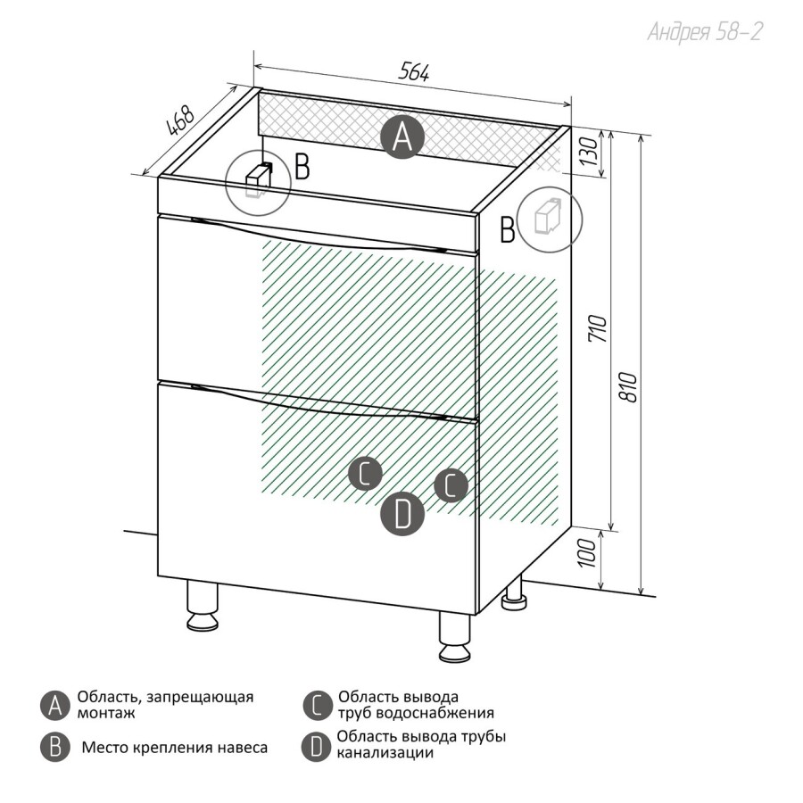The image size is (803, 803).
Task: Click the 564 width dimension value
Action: [414, 71]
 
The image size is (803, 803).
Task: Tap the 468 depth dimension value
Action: [181, 120]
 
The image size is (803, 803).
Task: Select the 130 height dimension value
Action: [588, 152]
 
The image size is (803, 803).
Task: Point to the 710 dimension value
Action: [597, 328]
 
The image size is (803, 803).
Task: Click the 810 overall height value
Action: [628, 386]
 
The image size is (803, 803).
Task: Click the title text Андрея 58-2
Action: [705, 32]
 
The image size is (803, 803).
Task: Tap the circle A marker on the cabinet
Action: [402, 137]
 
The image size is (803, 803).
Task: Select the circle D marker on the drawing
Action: [402, 514]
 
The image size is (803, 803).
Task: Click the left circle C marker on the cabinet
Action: [365, 473]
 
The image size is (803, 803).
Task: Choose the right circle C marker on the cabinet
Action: [451, 485]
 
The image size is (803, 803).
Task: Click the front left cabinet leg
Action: [203, 605]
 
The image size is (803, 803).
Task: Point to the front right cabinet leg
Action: [454, 636]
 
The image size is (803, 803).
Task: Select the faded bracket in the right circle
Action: [547, 216]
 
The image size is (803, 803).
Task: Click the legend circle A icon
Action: [54, 707]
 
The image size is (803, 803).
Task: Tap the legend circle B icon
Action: [54, 748]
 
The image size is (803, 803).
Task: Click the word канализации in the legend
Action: [385, 753]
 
